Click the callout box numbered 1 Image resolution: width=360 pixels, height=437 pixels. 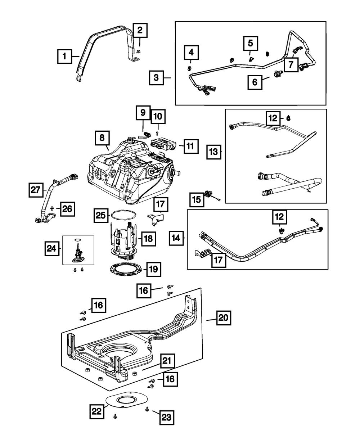(64, 56)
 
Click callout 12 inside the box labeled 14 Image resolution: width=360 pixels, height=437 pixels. (279, 217)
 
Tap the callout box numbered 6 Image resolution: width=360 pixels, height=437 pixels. (255, 82)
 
